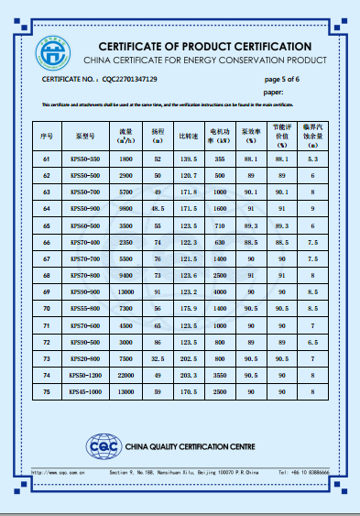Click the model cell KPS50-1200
coord(86,375)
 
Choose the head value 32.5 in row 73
coord(158,358)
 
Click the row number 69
coord(47,291)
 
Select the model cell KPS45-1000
coord(85,391)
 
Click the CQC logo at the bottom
coord(101,446)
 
